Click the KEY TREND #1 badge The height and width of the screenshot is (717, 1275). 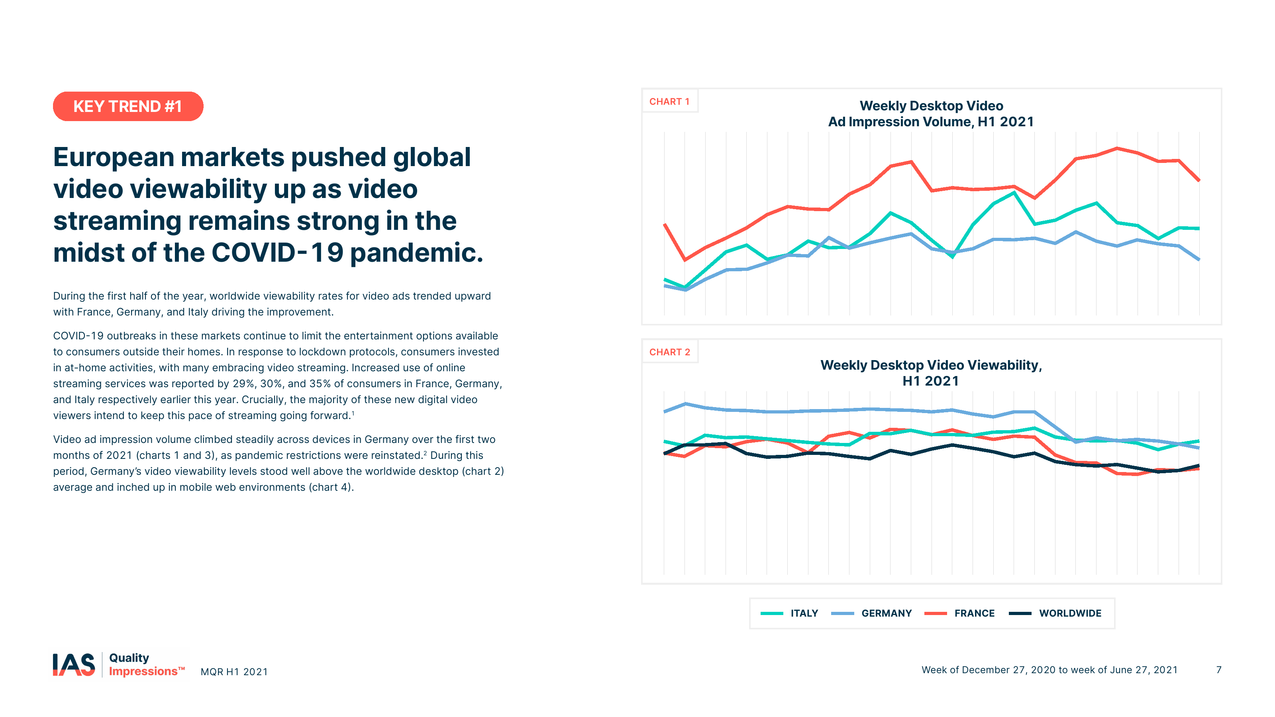click(x=127, y=106)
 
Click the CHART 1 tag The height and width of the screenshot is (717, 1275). click(x=669, y=102)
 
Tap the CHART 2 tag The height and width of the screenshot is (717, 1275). click(x=669, y=352)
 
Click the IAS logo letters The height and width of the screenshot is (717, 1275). click(x=74, y=664)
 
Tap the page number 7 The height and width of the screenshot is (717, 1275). click(x=1218, y=670)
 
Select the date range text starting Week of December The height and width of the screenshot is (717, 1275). click(x=1049, y=670)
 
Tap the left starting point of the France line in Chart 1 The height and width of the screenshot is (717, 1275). click(x=665, y=225)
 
